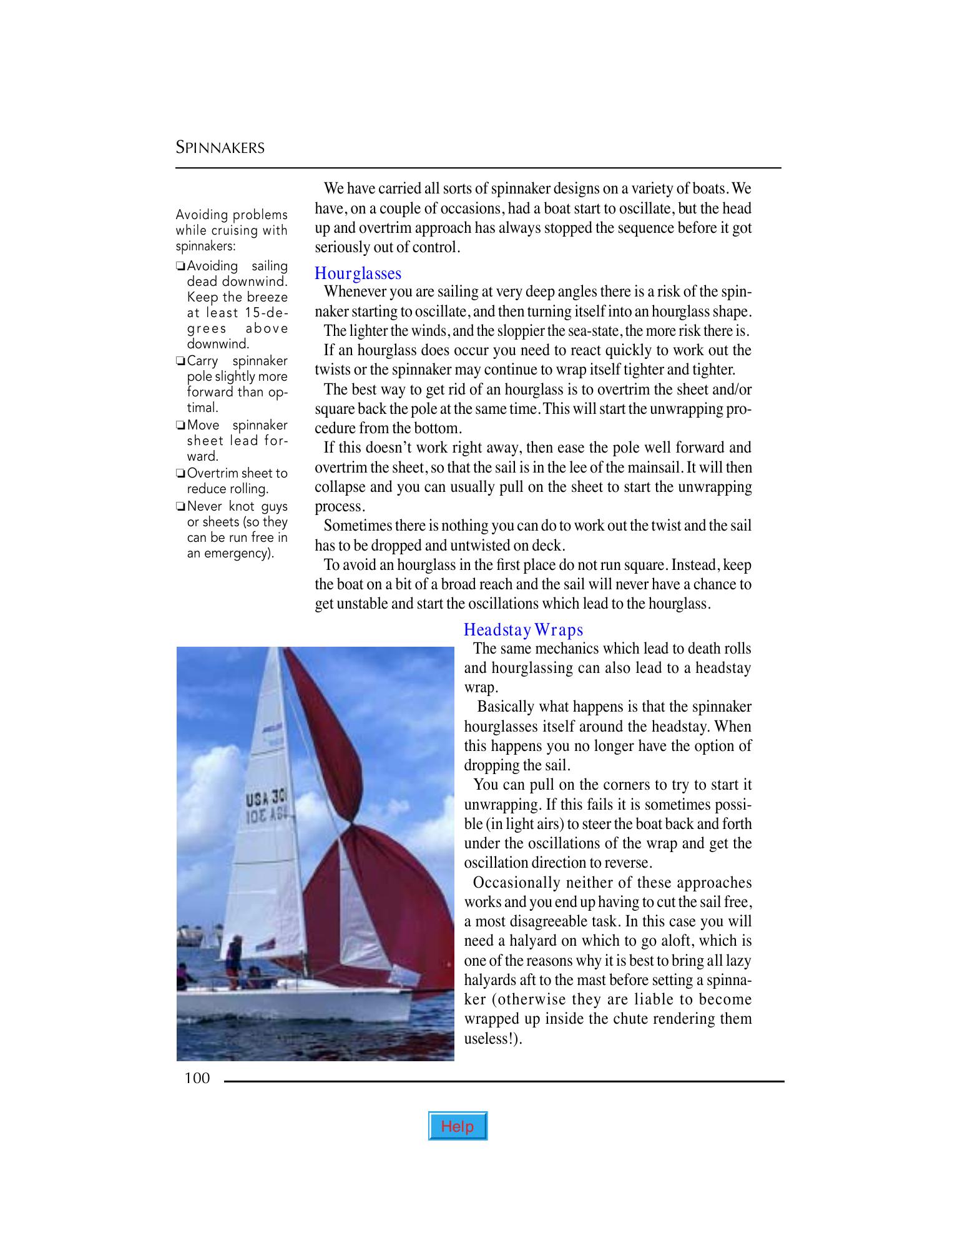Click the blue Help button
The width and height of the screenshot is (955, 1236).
tap(457, 1126)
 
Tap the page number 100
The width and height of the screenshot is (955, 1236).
tap(197, 1078)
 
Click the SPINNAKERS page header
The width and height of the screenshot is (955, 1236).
tap(220, 148)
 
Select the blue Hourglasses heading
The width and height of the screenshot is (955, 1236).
tap(358, 273)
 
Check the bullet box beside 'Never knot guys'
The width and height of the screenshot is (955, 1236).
tap(180, 506)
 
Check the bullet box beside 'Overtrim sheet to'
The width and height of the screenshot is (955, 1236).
tap(180, 474)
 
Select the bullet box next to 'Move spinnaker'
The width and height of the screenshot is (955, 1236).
tap(180, 426)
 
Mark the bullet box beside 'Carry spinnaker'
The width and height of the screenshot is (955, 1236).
tap(180, 361)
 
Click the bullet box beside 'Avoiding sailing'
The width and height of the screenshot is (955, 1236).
tap(180, 267)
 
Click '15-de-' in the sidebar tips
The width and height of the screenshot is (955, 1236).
tap(267, 313)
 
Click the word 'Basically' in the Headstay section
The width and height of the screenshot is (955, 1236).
tap(506, 707)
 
